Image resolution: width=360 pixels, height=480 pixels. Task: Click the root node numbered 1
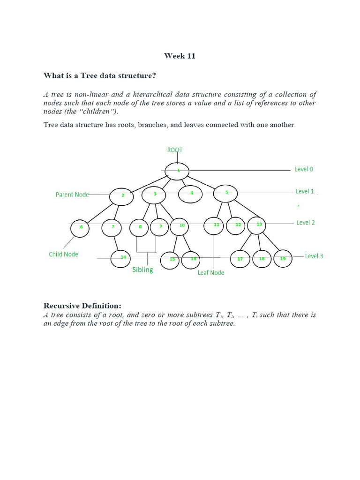click(x=177, y=171)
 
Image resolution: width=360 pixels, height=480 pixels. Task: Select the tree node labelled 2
click(x=122, y=196)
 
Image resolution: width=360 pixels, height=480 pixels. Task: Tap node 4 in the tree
click(x=191, y=193)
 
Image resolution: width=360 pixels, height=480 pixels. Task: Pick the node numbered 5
click(x=225, y=192)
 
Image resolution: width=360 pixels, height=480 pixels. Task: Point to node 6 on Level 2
click(x=80, y=228)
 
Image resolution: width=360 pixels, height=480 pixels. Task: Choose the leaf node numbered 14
click(x=122, y=258)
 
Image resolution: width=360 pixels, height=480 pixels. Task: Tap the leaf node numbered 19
click(x=283, y=258)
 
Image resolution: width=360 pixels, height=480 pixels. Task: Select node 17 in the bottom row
click(x=240, y=258)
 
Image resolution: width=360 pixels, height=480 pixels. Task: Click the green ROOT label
click(x=175, y=150)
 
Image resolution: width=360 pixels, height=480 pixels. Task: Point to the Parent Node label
click(x=72, y=195)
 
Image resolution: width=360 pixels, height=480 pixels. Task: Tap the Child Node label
click(x=63, y=254)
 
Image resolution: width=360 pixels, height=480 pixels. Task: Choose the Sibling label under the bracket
click(x=142, y=270)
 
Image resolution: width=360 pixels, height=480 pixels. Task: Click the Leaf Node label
click(x=210, y=272)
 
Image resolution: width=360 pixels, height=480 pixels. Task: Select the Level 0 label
click(x=304, y=169)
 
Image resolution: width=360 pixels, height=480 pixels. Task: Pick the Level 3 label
click(x=314, y=256)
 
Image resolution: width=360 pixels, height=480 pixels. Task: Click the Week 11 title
click(x=180, y=56)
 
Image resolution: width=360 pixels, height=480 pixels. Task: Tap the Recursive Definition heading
click(x=82, y=306)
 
